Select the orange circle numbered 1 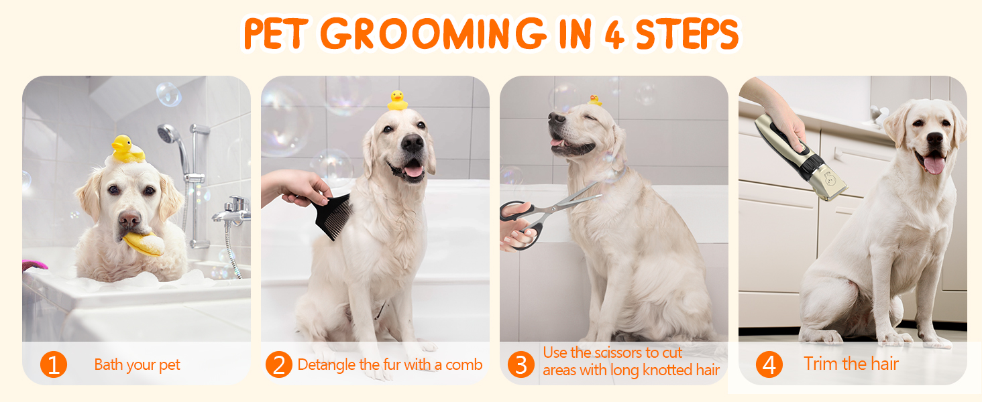coord(54,364)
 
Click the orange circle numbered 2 coord(279,364)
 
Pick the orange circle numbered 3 coord(521,364)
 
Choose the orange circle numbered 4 coord(769,364)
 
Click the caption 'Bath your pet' coord(138,364)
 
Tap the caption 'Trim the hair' coord(851,364)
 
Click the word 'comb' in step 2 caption coord(463,364)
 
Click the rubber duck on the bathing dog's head coord(127,149)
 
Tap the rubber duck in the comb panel coord(398,100)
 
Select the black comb coord(333,216)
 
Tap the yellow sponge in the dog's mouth coord(144,245)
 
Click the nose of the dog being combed coord(413,143)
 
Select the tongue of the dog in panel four coord(934,163)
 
